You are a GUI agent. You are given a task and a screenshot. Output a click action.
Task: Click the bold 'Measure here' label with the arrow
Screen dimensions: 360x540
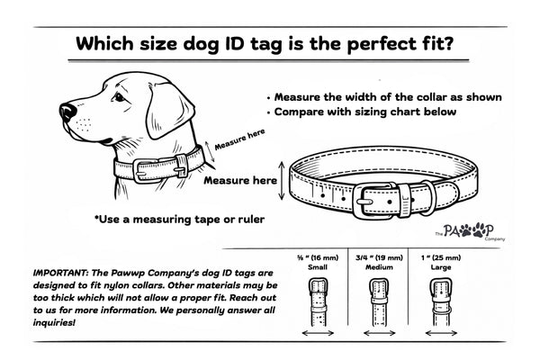[240, 180]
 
